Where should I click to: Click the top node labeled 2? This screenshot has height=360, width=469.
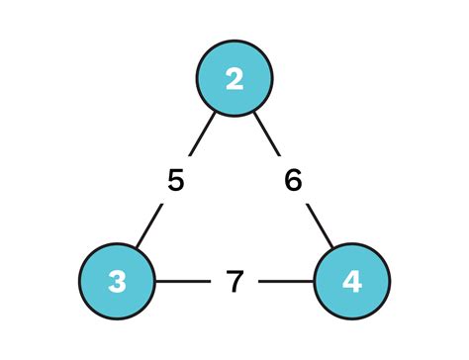click(234, 79)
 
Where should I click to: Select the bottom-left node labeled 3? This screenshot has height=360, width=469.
click(118, 282)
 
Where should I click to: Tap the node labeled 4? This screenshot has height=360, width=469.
click(352, 282)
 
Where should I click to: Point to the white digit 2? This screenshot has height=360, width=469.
click(234, 79)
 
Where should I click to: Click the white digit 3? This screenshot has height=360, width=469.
click(118, 282)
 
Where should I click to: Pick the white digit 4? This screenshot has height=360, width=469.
click(352, 282)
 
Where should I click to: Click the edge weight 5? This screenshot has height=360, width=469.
click(176, 182)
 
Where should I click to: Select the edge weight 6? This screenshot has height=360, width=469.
click(294, 182)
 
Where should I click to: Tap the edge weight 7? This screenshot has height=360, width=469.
click(234, 282)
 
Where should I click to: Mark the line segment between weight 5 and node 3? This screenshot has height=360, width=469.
click(148, 228)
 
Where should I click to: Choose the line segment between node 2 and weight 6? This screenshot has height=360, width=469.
click(267, 136)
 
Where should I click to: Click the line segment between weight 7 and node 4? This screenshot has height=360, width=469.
click(287, 282)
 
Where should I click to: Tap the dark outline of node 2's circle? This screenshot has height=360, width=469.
click(234, 42)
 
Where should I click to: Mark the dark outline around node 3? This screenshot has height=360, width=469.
click(80, 282)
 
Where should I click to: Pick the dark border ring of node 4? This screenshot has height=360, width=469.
click(390, 282)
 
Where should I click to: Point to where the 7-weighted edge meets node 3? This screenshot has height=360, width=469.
click(155, 282)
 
